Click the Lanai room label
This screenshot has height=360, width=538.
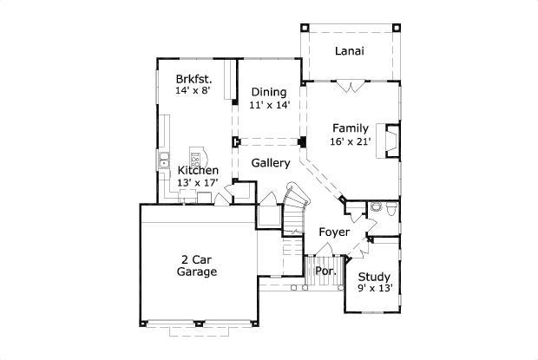pos(349,50)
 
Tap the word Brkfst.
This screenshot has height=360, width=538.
pos(194,76)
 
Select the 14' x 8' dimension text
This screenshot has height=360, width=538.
pos(194,89)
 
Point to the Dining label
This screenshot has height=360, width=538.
pos(269,92)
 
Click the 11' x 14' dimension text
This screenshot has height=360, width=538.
pos(269,105)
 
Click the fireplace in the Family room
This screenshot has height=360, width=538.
pos(391,141)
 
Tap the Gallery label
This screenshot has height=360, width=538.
pos(270,163)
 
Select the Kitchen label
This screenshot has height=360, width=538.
pos(198,170)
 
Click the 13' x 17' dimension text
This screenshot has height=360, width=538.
pos(198,182)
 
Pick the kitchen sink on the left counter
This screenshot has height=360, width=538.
pos(162,160)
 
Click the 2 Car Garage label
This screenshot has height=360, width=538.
pos(197,265)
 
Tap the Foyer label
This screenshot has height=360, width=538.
pos(334,232)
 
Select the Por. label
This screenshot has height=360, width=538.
pos(325,270)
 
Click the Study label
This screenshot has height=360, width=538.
pos(374,278)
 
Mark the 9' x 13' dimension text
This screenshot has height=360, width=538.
pos(375,290)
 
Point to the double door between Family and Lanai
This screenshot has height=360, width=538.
pos(349,86)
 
